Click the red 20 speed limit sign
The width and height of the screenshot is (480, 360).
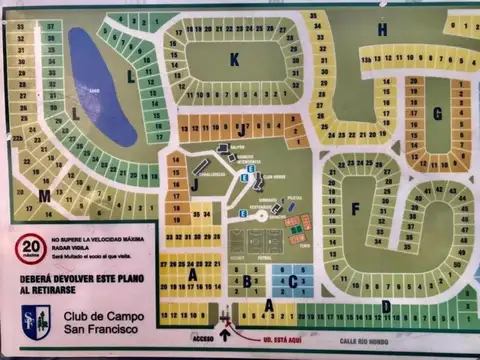pyautogui.click(x=31, y=245)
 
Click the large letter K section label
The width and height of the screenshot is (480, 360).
pyautogui.click(x=234, y=60)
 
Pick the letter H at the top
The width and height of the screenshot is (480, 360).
pyautogui.click(x=382, y=30)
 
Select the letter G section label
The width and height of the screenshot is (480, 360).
pyautogui.click(x=437, y=113)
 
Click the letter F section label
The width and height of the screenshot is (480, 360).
pyautogui.click(x=355, y=209)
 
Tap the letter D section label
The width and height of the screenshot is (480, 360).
pyautogui.click(x=386, y=306)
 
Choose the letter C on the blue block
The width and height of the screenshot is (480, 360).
pyautogui.click(x=292, y=282)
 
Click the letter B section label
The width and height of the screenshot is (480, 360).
pyautogui.click(x=247, y=282)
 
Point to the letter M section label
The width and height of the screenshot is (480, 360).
pyautogui.click(x=45, y=195)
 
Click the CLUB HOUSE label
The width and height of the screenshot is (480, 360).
pyautogui.click(x=274, y=176)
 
